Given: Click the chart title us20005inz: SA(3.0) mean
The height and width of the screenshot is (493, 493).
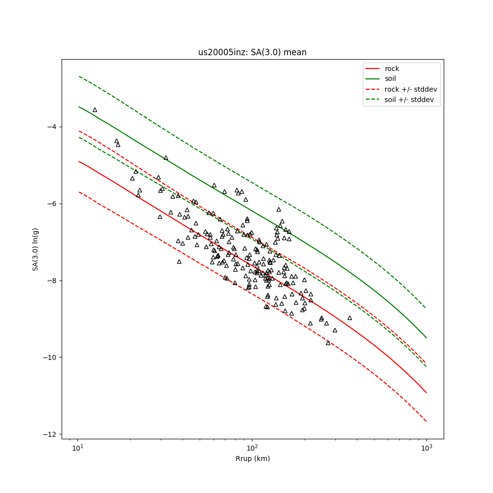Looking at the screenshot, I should (252, 52).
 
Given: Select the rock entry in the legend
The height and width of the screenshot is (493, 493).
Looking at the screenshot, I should (392, 69).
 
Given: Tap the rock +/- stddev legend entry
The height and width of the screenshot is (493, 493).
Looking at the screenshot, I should (411, 89).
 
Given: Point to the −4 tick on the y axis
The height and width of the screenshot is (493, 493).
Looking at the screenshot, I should (51, 127).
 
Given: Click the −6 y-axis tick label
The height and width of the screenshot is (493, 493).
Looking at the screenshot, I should (51, 204).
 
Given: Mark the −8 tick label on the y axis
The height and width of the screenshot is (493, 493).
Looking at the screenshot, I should (51, 281).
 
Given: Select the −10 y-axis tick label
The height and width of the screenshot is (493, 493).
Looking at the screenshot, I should (49, 357).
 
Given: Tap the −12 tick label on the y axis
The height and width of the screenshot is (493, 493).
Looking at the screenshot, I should (49, 434).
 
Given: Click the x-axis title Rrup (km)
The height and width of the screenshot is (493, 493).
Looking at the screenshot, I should (252, 458).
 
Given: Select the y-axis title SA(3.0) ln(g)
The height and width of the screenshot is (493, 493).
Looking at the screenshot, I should (35, 249).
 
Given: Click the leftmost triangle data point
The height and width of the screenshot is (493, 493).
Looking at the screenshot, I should (95, 110).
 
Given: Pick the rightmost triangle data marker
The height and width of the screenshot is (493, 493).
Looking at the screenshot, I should (350, 318).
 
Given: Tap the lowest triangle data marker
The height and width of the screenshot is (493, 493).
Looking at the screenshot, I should (328, 343).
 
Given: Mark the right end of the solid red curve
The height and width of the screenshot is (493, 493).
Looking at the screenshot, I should (426, 393).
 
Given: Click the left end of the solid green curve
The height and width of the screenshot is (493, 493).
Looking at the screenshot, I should (78, 106).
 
